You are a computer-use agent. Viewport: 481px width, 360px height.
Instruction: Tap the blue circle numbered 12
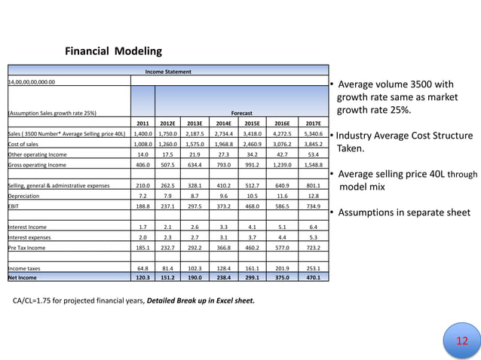(x=463, y=341)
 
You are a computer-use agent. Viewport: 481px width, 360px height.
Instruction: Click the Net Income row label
(x=22, y=277)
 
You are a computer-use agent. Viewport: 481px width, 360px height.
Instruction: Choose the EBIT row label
(x=13, y=205)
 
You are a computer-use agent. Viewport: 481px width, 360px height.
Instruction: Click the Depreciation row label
(x=23, y=195)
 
